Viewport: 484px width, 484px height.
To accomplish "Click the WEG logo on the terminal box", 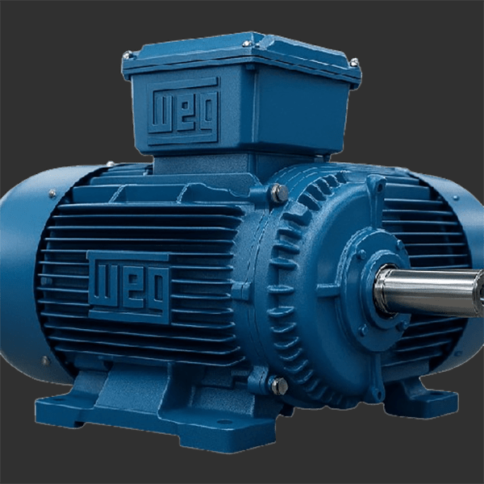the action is [x=183, y=111].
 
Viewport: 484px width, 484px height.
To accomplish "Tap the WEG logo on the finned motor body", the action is [x=129, y=287].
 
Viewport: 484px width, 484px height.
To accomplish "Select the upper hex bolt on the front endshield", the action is [x=279, y=194].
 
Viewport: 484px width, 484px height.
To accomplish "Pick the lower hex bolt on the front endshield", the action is [x=279, y=386].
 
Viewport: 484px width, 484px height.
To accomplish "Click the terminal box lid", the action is [x=242, y=59].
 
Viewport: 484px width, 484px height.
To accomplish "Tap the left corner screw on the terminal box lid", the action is [x=127, y=56].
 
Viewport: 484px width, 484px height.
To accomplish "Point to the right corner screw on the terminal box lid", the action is [x=354, y=62].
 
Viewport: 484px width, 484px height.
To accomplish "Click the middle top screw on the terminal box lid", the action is [x=248, y=44].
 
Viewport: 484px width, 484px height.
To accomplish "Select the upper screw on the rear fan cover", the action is [x=52, y=194].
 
